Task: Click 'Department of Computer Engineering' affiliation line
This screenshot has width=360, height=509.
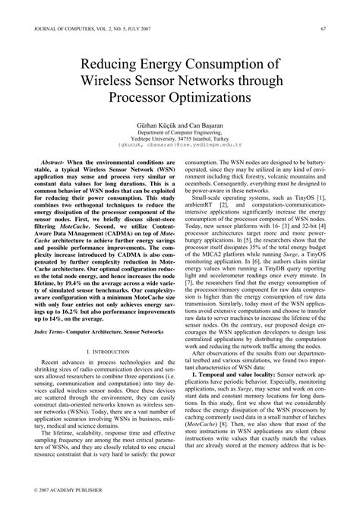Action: tap(179, 131)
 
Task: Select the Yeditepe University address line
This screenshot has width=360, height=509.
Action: tap(179, 138)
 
